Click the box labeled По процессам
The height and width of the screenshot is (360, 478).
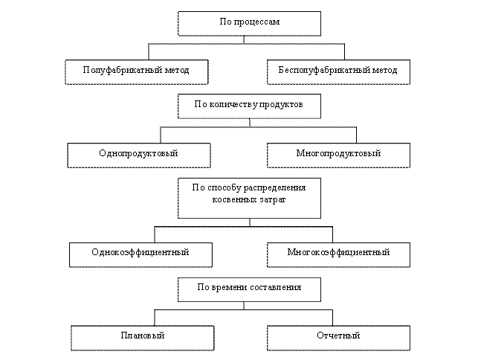249,24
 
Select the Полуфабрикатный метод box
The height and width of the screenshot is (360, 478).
137,72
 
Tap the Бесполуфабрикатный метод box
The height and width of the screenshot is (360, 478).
338,72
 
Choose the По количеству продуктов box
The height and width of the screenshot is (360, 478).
249,106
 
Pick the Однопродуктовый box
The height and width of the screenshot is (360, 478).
139,155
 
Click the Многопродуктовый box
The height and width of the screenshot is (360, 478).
338,155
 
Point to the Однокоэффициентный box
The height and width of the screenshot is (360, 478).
141,255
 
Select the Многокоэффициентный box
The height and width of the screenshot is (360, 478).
338,255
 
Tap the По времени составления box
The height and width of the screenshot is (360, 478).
249,289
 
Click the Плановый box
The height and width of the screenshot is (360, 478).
143,338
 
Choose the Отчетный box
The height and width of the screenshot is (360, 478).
338,338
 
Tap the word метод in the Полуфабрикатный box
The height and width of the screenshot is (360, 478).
177,70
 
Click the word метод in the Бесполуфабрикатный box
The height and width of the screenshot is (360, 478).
385,70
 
